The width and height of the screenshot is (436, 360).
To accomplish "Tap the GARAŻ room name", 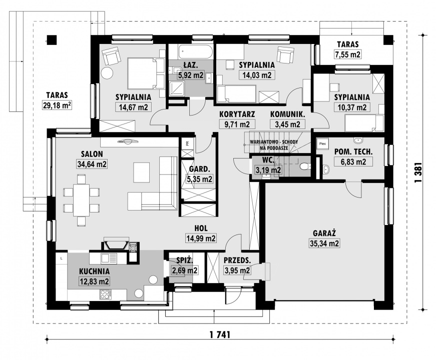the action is click(x=324, y=233).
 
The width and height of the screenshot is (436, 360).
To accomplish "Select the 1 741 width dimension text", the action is click(x=220, y=334).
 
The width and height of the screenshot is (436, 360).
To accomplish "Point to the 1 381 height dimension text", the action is click(x=418, y=172).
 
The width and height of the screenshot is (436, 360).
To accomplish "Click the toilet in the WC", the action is click(x=305, y=166).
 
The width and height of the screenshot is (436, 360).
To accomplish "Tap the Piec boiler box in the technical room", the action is click(x=322, y=144).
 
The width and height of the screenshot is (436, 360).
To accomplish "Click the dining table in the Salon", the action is click(x=81, y=199).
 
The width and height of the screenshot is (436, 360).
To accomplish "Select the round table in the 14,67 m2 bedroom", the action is click(x=107, y=73).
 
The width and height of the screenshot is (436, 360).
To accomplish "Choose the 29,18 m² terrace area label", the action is click(x=57, y=105).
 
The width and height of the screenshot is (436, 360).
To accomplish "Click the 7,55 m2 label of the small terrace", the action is click(x=348, y=54).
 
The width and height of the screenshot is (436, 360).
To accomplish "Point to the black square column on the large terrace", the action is click(x=52, y=39).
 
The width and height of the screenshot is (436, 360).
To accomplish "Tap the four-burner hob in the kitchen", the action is click(x=106, y=294).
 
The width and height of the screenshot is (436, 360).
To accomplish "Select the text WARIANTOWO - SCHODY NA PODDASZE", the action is click(x=274, y=145).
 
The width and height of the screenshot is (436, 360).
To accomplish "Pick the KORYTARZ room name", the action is click(x=237, y=114).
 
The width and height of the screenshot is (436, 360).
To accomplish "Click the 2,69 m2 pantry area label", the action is click(x=185, y=270).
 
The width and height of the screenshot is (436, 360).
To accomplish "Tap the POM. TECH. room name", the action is click(x=353, y=151).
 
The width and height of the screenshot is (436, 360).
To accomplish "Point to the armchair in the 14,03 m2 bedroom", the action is click(x=286, y=54).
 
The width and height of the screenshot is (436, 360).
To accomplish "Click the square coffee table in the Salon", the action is click(x=143, y=172).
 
